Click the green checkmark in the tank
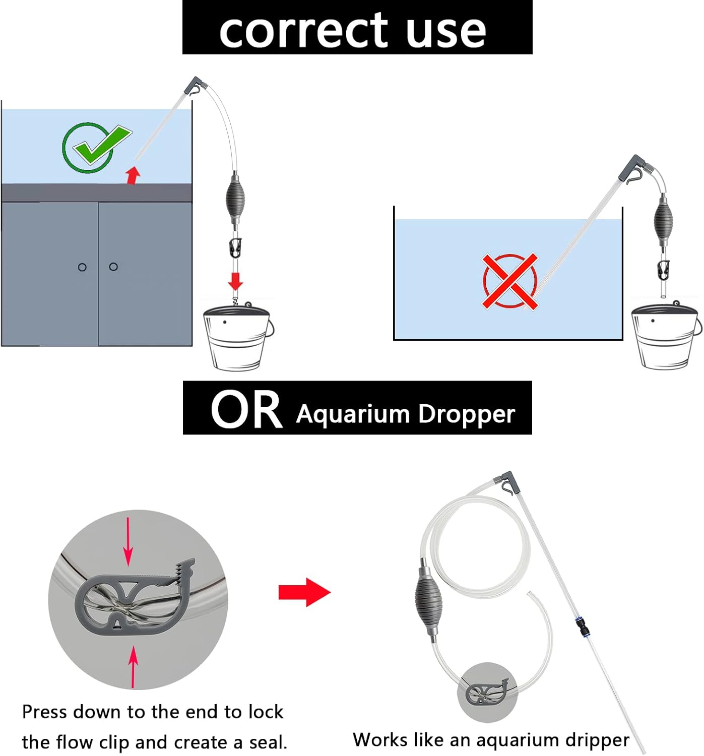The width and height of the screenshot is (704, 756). coord(96,147)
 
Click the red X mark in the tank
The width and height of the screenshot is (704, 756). coord(510,281)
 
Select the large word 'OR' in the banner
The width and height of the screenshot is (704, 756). coord(246,410)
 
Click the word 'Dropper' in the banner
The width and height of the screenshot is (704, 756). coord(467,415)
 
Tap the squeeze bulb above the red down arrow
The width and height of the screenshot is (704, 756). coord(235,199)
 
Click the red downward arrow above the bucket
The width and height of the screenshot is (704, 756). coord(235,281)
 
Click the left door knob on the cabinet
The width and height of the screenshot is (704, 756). coord(82,267)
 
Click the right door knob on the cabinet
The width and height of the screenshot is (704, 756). coord(113,267)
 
